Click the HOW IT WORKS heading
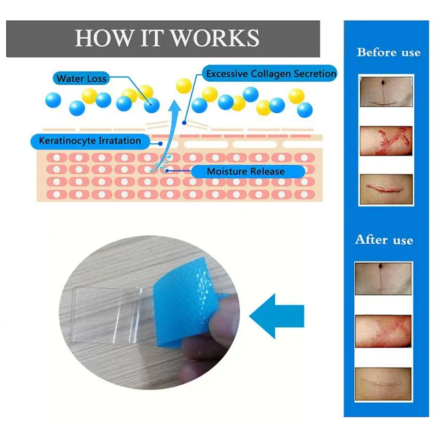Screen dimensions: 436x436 (167, 38)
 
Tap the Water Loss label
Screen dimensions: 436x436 (81, 78)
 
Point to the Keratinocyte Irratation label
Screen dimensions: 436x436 (90, 141)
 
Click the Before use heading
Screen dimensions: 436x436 (389, 52)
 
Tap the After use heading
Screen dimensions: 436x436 (384, 240)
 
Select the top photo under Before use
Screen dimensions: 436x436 (386, 92)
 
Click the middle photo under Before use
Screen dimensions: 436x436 (386, 141)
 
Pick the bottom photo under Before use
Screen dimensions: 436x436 (386, 189)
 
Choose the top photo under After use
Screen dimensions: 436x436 (383, 278)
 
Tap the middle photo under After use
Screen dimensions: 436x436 (383, 331)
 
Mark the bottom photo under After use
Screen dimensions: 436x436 (383, 384)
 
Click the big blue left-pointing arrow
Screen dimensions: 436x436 (277, 316)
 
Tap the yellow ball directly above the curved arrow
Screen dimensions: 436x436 (184, 86)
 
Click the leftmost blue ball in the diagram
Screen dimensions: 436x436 (53, 100)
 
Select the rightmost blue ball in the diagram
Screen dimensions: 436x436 (305, 110)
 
